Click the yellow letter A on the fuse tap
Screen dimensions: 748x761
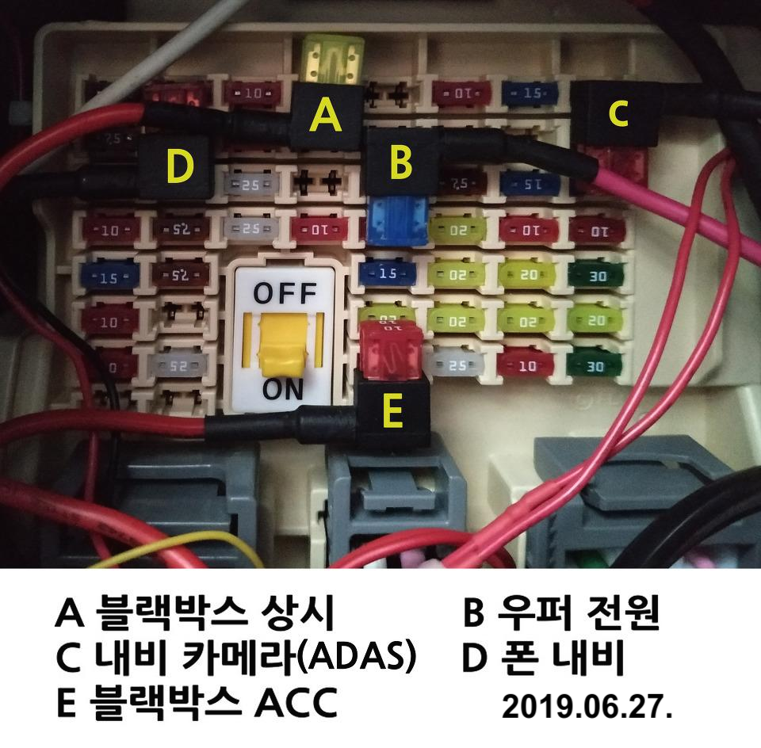coord(325,116)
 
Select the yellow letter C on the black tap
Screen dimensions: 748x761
coord(618,115)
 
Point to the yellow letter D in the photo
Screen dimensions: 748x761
coord(180,167)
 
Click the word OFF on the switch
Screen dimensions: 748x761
coord(283,294)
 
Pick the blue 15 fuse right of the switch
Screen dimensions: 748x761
coord(388,274)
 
